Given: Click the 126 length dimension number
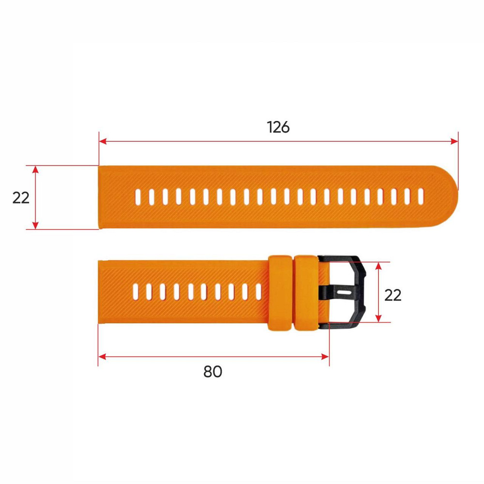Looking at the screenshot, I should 278,127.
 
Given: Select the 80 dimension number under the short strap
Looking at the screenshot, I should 212,372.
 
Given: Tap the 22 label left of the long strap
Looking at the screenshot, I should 21,197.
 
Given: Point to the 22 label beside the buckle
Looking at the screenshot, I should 393,295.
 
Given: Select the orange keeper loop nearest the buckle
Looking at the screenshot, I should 307,293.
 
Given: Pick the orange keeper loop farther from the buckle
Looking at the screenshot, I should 280,293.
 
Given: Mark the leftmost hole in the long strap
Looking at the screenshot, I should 138,196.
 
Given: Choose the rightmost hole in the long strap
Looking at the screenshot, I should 420,196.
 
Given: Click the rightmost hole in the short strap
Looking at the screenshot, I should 258,290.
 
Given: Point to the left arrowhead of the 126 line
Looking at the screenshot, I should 102,141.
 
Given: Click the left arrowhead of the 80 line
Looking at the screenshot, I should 102,357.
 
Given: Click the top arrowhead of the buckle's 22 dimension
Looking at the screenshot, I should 379,266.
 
